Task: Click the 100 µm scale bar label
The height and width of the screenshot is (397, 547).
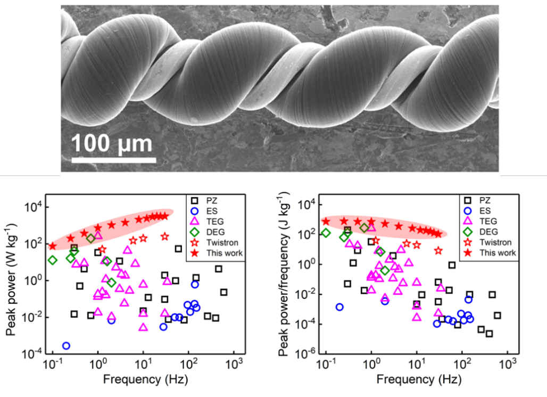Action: tap(112, 143)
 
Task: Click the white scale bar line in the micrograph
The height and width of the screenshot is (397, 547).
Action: tap(114, 159)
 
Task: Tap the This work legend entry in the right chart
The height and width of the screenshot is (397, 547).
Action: tap(488, 253)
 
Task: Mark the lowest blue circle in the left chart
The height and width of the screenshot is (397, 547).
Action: tap(66, 346)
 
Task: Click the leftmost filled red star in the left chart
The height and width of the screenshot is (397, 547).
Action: tap(52, 246)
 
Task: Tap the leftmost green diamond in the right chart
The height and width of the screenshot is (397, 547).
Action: tap(326, 233)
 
